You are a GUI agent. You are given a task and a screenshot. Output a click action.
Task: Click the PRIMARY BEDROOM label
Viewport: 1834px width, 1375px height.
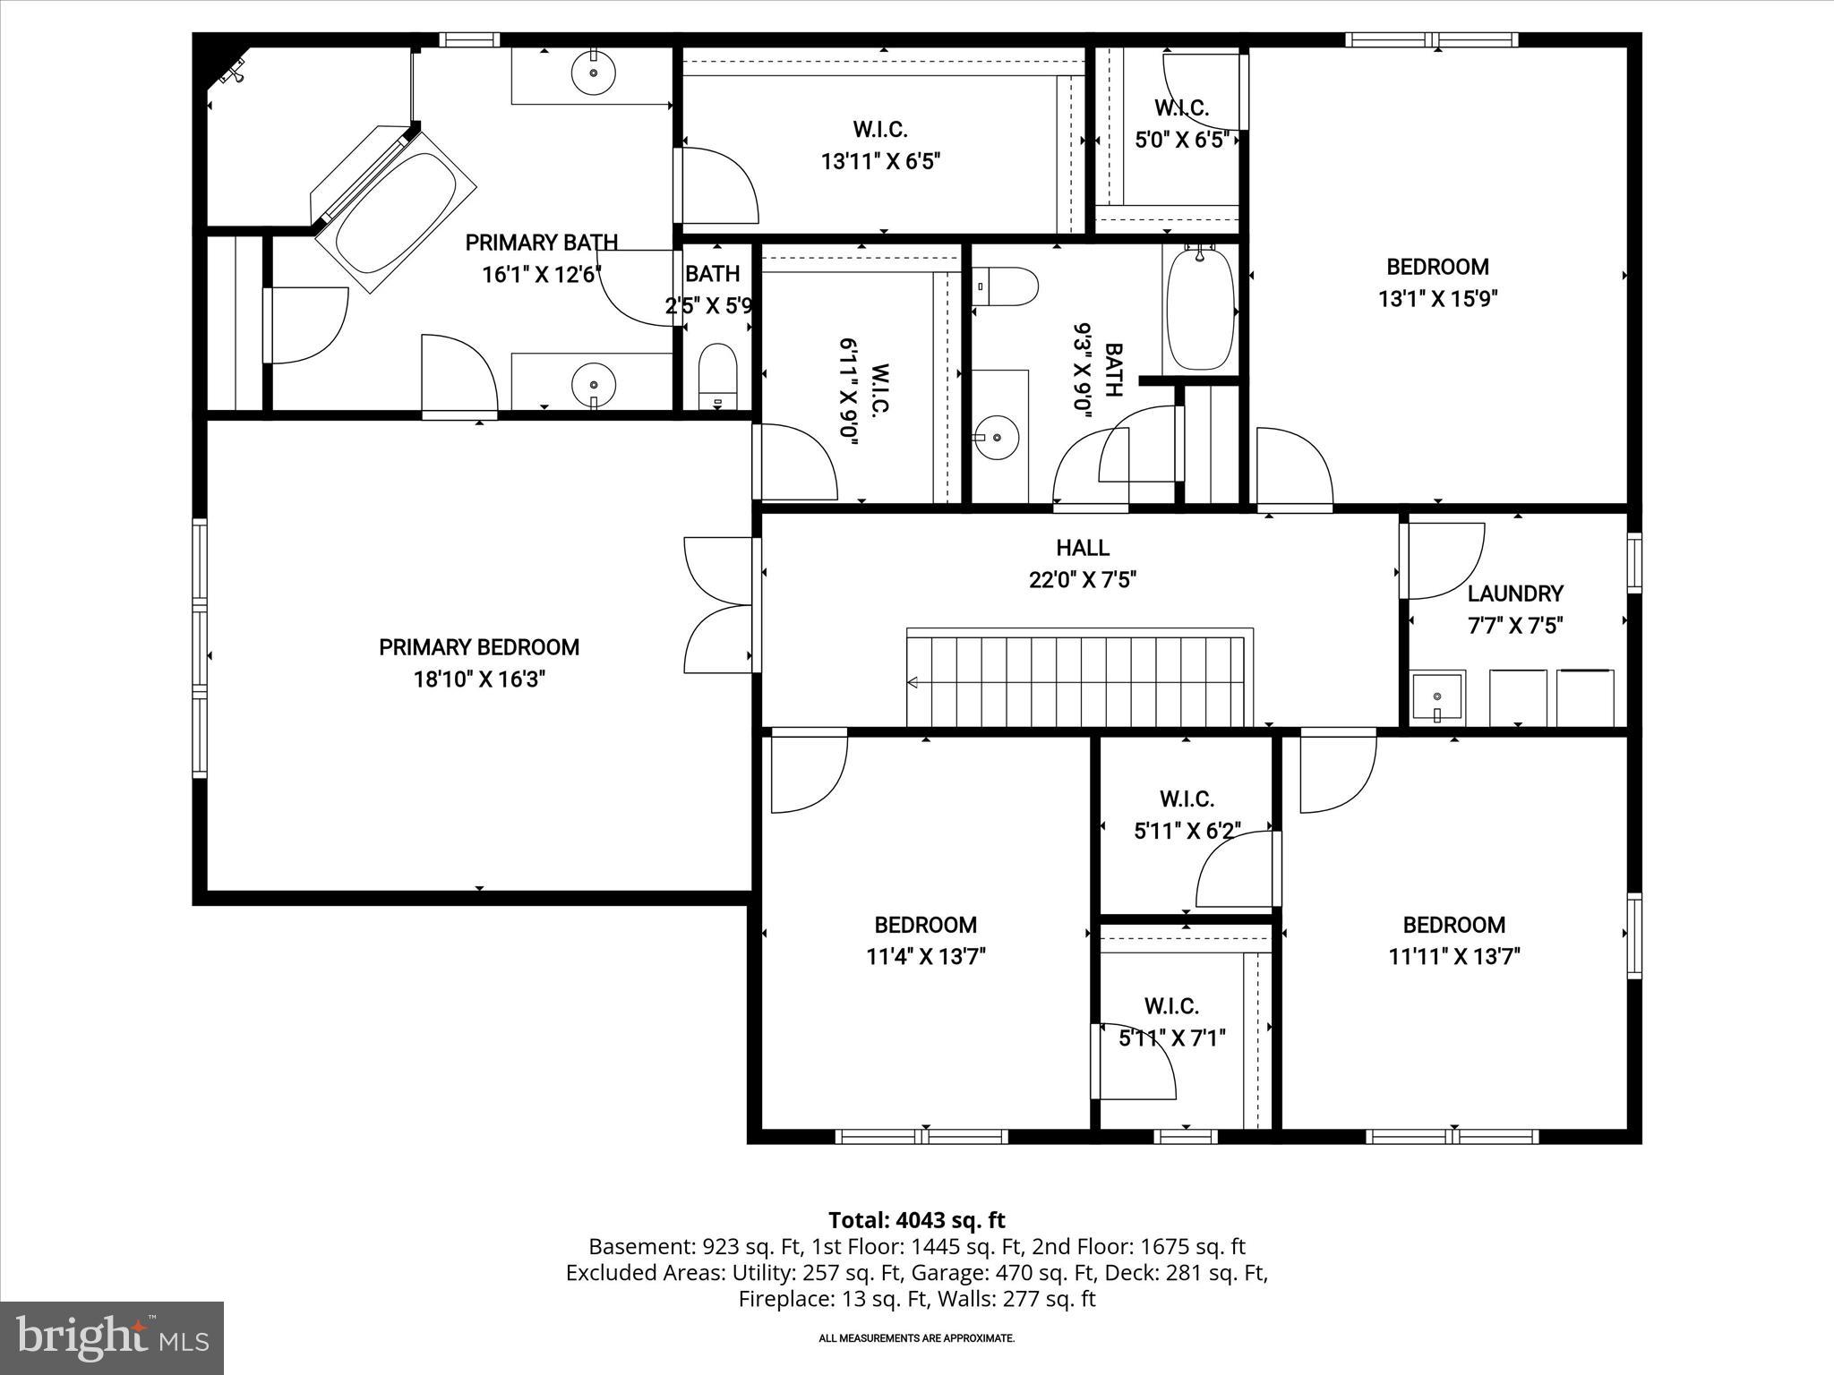point(479,647)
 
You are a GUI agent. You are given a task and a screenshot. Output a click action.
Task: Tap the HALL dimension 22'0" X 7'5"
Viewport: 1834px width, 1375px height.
point(1083,580)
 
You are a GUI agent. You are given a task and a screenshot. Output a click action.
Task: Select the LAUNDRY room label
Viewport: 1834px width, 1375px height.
point(1515,594)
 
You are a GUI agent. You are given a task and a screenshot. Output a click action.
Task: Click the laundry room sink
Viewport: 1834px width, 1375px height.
point(1437,697)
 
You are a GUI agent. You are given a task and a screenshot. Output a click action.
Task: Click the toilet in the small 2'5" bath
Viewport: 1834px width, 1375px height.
point(716,376)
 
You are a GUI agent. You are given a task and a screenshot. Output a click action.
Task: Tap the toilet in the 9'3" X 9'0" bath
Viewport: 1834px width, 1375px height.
point(1005,287)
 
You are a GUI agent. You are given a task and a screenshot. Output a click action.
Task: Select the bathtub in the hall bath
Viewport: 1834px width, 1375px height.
point(1201,310)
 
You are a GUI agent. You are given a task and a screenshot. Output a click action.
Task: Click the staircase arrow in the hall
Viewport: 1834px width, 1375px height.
point(913,683)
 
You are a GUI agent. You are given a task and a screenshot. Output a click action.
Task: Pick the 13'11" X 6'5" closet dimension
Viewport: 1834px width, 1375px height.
point(880,162)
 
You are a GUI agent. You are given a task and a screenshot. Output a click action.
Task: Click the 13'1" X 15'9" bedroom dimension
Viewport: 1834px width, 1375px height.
point(1437,299)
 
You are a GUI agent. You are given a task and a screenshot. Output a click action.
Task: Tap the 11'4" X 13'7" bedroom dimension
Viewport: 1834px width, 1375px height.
point(925,957)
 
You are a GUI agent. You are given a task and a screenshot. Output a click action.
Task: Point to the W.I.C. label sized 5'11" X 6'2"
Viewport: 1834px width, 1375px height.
point(1187,799)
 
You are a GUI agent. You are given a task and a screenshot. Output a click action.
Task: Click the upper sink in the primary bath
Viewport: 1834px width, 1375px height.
point(592,73)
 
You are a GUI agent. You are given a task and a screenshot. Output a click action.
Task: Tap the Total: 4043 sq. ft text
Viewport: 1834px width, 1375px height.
point(916,1220)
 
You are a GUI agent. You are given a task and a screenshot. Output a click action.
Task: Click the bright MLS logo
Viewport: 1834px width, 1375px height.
point(112,1337)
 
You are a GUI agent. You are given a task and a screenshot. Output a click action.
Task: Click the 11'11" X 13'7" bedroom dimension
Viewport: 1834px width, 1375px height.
point(1453,957)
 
